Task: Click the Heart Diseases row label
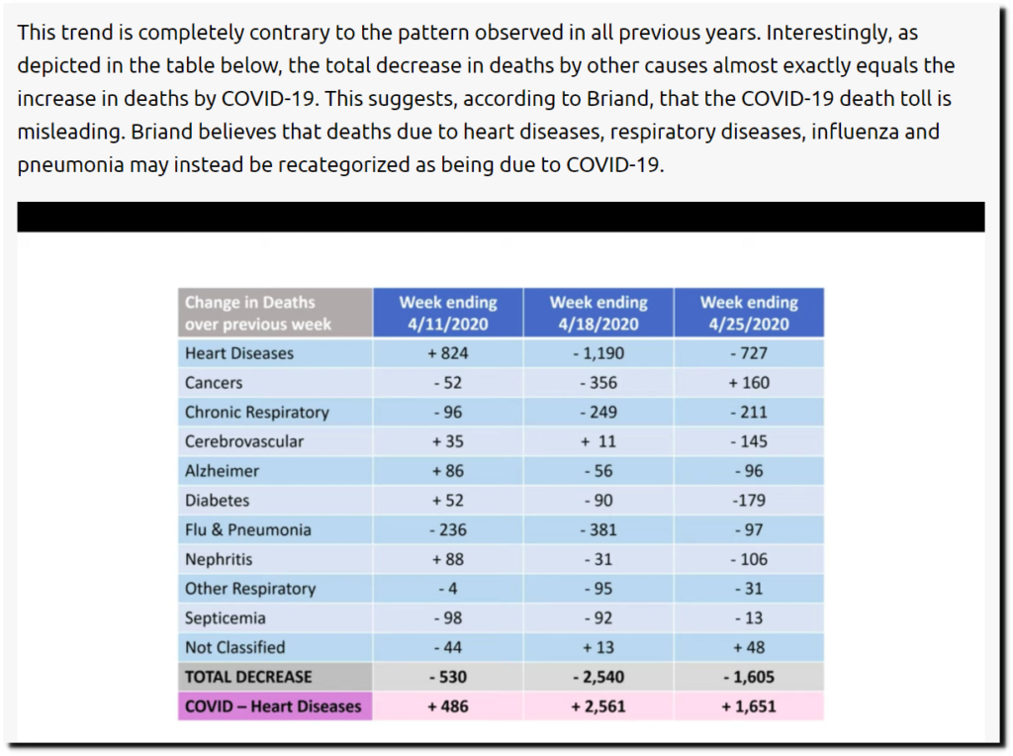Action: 239,353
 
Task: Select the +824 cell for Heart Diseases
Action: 447,353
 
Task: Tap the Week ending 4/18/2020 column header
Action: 599,313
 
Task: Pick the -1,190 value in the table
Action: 598,353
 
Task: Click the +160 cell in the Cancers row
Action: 748,383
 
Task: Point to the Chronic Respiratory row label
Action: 256,413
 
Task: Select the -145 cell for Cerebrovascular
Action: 748,441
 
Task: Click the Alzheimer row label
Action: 222,471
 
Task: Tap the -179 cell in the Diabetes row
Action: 748,501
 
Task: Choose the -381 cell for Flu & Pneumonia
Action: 598,530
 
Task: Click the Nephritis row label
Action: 219,559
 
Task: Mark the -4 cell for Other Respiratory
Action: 447,589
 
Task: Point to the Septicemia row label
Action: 225,618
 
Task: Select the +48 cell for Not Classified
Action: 748,648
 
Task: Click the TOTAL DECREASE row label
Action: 247,677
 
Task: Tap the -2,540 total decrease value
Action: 598,677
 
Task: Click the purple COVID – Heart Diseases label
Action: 273,707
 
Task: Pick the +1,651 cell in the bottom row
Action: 748,707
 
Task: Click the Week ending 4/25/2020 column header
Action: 749,313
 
